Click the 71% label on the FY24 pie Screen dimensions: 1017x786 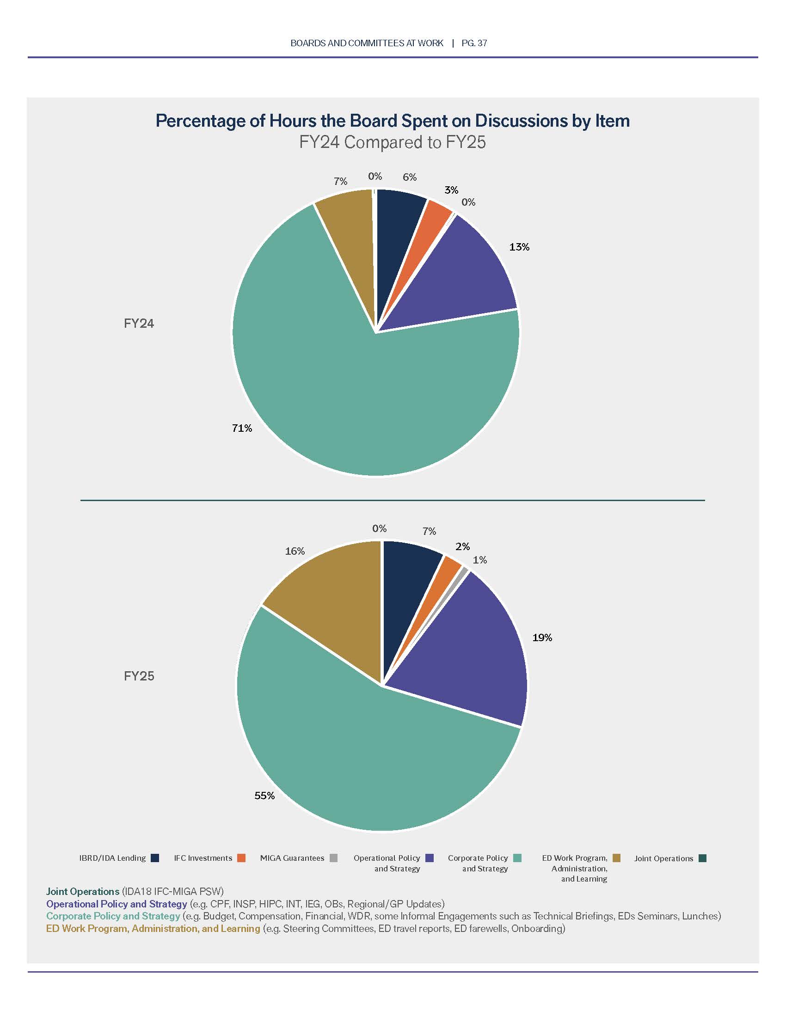[x=242, y=428]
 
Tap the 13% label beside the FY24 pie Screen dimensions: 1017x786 [x=519, y=247]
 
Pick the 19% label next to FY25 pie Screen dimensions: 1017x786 [x=542, y=637]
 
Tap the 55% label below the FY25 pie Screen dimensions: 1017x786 [x=264, y=796]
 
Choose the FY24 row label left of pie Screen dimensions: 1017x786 [x=139, y=323]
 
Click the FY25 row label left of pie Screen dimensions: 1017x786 [x=139, y=676]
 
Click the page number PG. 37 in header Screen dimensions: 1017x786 [x=474, y=43]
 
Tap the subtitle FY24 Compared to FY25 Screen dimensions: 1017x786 [x=393, y=142]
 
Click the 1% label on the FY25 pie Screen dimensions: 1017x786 [x=479, y=560]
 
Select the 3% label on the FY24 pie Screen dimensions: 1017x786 [x=451, y=190]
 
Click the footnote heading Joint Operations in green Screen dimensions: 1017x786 [x=83, y=891]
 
